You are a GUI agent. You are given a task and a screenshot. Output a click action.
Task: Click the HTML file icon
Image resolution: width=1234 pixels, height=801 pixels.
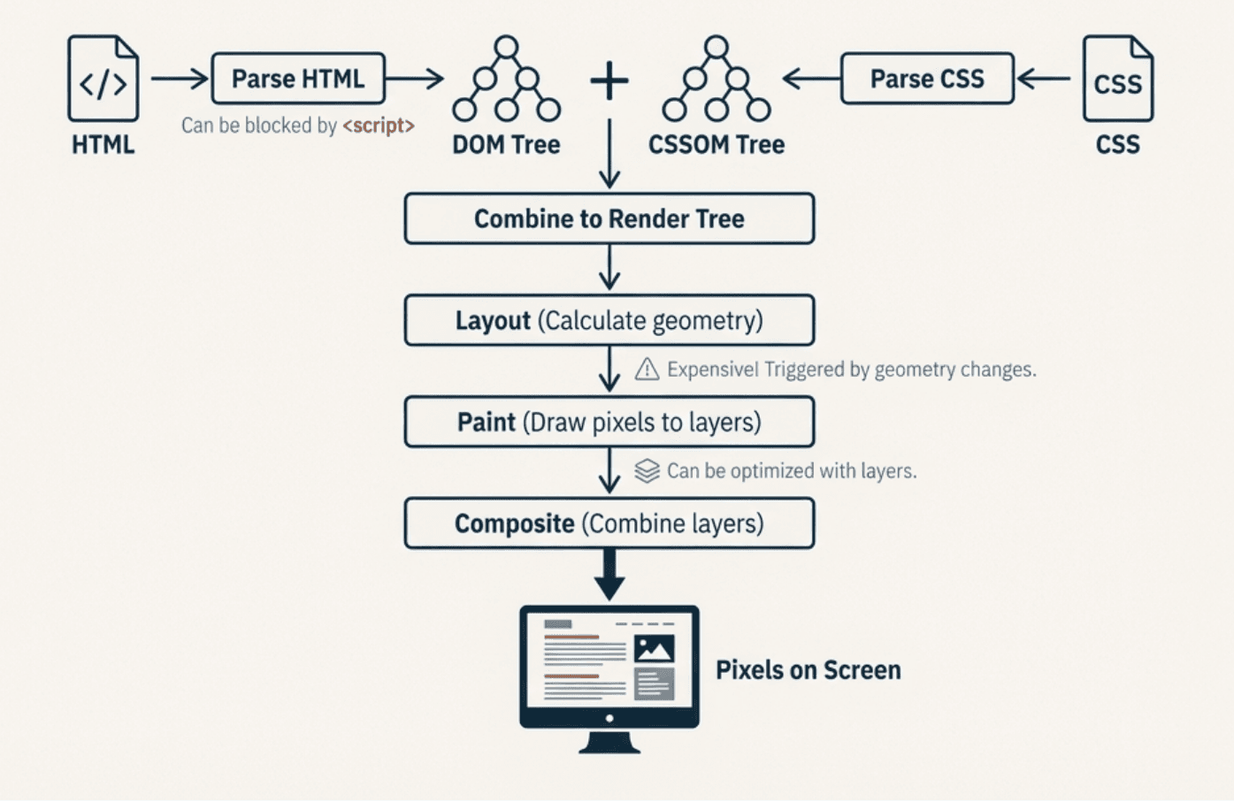pyautogui.click(x=103, y=79)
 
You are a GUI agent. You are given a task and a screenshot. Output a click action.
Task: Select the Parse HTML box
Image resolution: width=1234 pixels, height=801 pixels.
pyautogui.click(x=298, y=79)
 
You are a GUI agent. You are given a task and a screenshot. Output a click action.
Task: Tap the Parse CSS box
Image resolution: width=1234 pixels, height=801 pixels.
pyautogui.click(x=927, y=79)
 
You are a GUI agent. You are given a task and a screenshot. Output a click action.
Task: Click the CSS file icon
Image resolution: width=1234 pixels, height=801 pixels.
pyautogui.click(x=1117, y=79)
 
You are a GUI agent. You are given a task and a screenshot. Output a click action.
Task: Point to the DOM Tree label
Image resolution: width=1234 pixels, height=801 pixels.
pyautogui.click(x=506, y=145)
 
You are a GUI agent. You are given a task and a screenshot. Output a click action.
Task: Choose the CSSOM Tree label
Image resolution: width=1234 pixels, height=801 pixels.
pyautogui.click(x=717, y=145)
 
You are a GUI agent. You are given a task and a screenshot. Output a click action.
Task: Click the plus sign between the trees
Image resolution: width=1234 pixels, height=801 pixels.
pyautogui.click(x=609, y=81)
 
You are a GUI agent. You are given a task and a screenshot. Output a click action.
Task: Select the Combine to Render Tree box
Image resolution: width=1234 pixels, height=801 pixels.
pyautogui.click(x=609, y=218)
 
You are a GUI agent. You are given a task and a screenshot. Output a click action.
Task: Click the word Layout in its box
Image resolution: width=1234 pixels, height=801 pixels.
pyautogui.click(x=493, y=320)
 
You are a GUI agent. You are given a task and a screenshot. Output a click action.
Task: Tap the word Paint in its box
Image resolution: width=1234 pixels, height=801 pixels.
pyautogui.click(x=486, y=422)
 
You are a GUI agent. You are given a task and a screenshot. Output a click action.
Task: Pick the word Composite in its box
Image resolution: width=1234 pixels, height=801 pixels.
pyautogui.click(x=514, y=523)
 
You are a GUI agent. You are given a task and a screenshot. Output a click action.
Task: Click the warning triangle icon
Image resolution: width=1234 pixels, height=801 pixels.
pyautogui.click(x=647, y=369)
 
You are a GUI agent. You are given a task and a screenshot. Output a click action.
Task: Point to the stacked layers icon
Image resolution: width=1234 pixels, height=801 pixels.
pyautogui.click(x=647, y=470)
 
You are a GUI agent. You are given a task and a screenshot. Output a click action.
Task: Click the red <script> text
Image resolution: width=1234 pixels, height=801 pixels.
pyautogui.click(x=379, y=126)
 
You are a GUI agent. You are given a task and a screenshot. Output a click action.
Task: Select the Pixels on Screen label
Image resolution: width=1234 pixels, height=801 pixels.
pyautogui.click(x=808, y=670)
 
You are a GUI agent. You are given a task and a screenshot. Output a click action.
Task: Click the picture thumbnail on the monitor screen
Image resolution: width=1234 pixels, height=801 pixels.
pyautogui.click(x=655, y=650)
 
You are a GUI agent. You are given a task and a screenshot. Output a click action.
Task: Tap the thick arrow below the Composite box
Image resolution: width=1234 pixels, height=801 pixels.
pyautogui.click(x=609, y=575)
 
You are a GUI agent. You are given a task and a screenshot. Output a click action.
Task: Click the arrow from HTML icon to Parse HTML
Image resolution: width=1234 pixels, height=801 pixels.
pyautogui.click(x=179, y=79)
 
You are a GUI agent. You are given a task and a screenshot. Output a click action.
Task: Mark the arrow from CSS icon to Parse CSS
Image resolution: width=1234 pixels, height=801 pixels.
pyautogui.click(x=1045, y=79)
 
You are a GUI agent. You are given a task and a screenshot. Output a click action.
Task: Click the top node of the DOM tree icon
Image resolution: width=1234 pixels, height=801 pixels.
pyautogui.click(x=506, y=46)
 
